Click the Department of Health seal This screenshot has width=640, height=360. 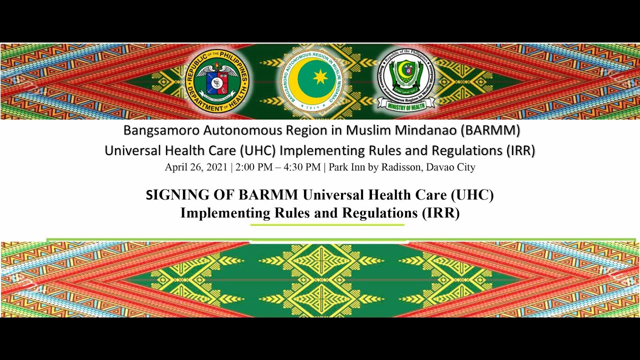click(x=217, y=81)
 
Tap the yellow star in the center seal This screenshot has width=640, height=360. click(x=320, y=77)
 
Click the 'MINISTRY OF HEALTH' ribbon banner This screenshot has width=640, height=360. click(x=405, y=103)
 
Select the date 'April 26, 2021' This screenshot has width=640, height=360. click(x=196, y=167)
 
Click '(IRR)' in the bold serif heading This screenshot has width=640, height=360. click(x=440, y=213)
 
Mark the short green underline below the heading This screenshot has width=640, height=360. click(x=327, y=225)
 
